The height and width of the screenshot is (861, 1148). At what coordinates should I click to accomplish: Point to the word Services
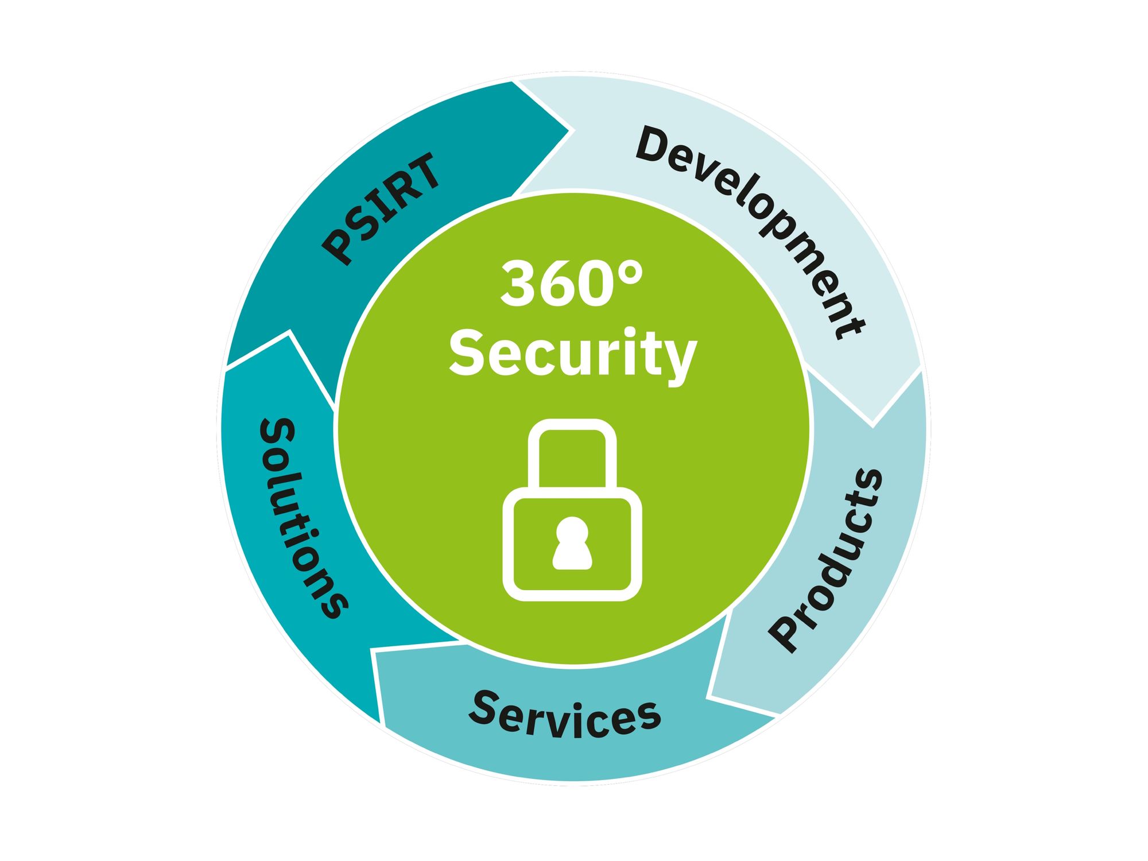point(565,714)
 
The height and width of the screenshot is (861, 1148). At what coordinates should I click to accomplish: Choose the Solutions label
point(302,518)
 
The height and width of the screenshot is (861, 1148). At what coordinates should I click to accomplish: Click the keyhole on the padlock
point(572,543)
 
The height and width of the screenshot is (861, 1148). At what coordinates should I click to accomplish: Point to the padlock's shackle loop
point(572,425)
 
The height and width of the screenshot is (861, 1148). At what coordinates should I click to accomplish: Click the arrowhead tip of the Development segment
point(872,426)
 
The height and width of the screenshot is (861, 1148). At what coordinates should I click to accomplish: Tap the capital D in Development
point(656,144)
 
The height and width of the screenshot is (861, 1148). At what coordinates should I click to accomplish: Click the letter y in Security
point(681,361)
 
